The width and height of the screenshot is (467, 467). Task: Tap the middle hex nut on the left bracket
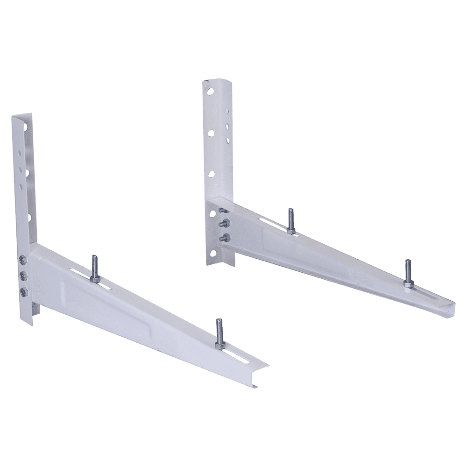[x=22, y=275]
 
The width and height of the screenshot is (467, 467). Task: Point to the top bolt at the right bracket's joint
[x=222, y=212]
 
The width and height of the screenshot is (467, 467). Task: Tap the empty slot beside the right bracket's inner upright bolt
[x=271, y=220]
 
